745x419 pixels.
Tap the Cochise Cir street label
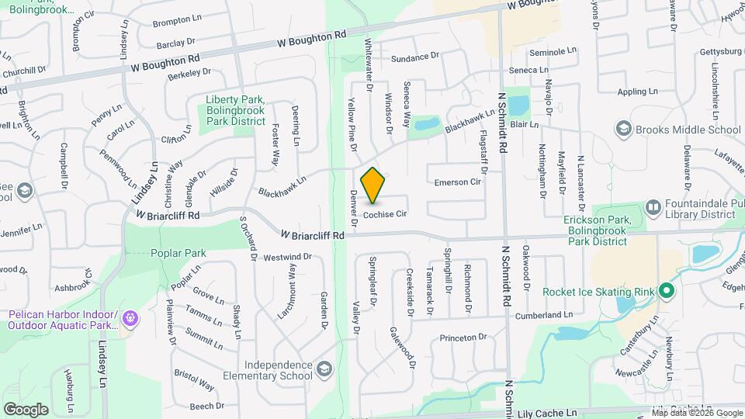(x=385, y=213)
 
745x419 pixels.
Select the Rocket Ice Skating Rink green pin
(x=666, y=292)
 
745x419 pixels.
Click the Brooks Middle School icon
(x=622, y=129)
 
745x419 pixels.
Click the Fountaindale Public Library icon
(x=652, y=208)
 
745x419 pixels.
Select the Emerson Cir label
(x=458, y=182)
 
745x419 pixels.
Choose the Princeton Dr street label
(x=463, y=338)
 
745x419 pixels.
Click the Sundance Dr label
(x=415, y=58)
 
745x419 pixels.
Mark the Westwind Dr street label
(x=287, y=257)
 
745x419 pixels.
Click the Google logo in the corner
(x=26, y=409)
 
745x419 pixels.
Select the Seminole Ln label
(x=553, y=51)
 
